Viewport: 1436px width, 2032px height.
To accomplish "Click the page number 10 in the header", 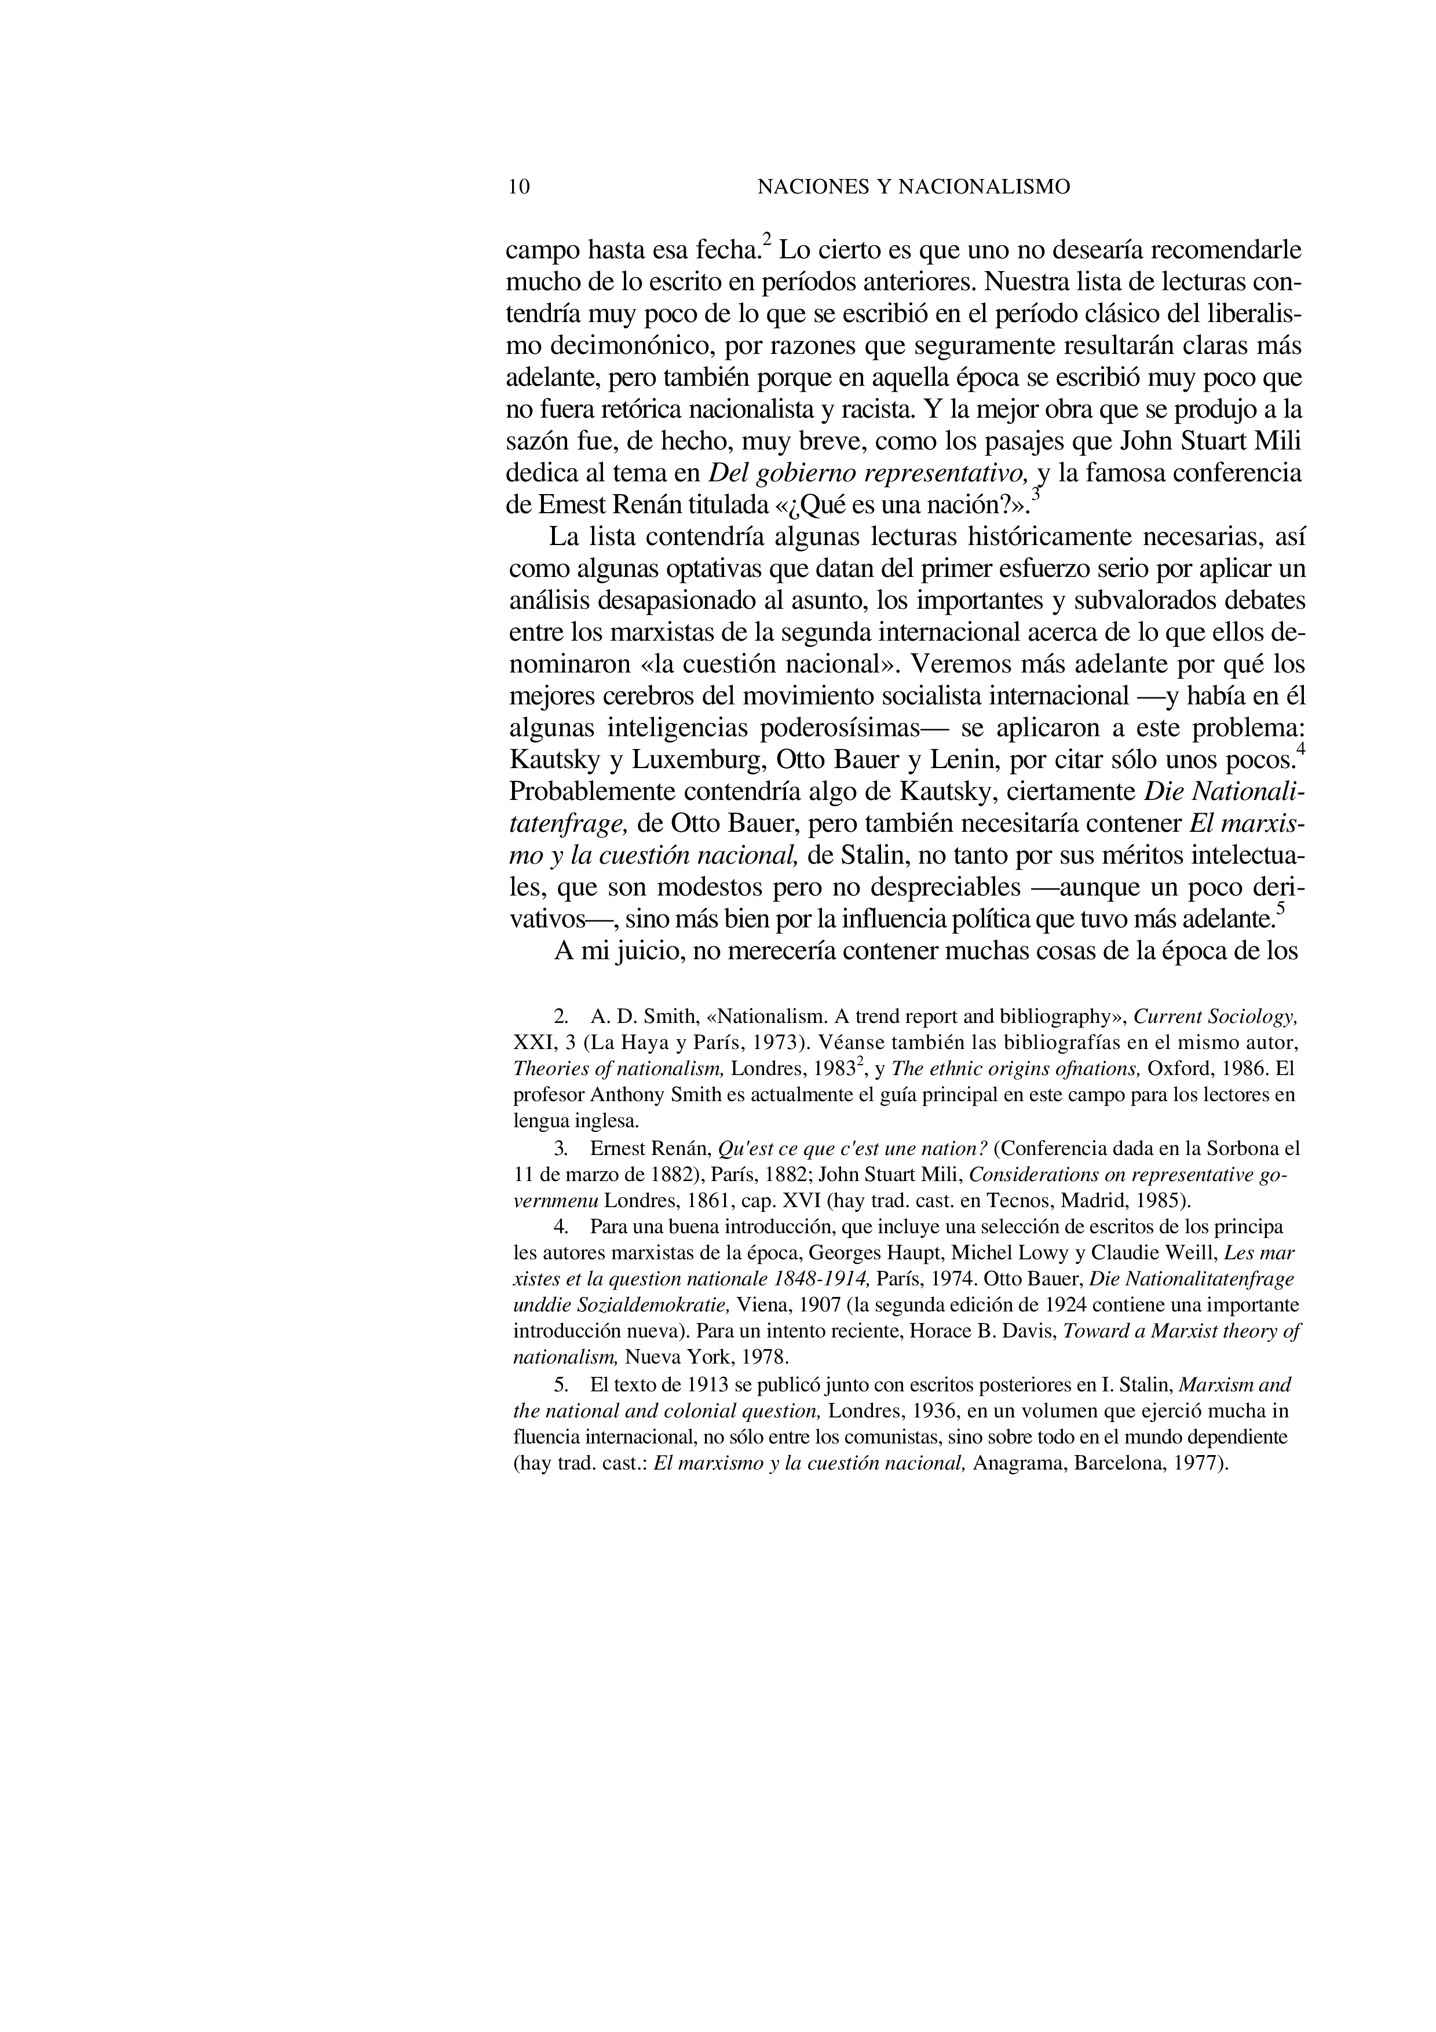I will [x=520, y=187].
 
